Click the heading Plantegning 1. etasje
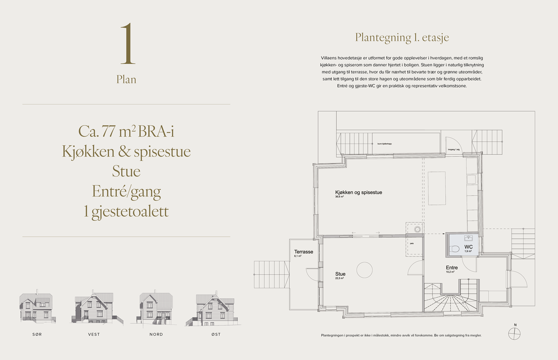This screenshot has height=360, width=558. click(402, 37)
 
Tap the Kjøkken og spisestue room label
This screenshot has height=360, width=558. click(359, 192)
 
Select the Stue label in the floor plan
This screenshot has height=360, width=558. click(340, 274)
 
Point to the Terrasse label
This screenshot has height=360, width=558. click(303, 252)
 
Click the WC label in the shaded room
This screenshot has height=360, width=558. click(468, 247)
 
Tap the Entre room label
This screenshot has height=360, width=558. click(452, 268)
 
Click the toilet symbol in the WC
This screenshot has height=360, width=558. click(455, 249)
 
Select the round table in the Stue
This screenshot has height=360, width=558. click(364, 270)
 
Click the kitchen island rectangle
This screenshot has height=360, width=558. click(437, 188)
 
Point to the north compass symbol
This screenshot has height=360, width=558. click(514, 334)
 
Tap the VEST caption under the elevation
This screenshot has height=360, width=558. click(94, 334)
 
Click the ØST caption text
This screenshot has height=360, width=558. click(216, 334)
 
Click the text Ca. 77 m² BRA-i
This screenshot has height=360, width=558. click(126, 131)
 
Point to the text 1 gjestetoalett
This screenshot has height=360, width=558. click(126, 211)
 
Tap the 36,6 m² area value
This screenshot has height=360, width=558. click(339, 197)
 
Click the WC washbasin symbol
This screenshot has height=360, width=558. click(468, 238)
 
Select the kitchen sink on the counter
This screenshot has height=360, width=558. click(472, 179)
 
